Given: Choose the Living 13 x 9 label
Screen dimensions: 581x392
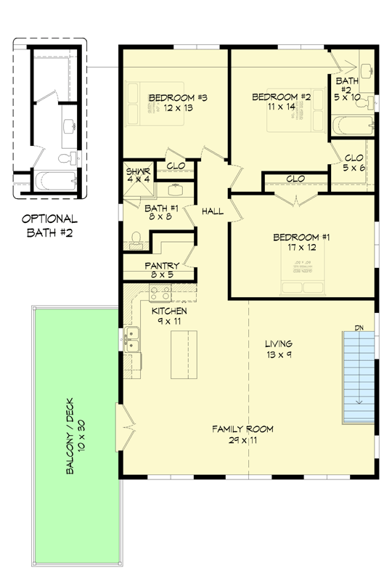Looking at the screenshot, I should (279, 349).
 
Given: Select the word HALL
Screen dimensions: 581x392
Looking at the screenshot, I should (213, 211).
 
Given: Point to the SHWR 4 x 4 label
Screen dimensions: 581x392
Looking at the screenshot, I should (138, 176).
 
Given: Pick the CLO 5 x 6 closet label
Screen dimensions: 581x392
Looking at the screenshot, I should (354, 162).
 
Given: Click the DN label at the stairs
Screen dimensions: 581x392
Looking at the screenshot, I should (359, 328).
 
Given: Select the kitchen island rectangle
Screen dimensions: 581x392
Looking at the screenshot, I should (184, 354).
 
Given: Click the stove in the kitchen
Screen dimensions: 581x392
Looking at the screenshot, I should (160, 294).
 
